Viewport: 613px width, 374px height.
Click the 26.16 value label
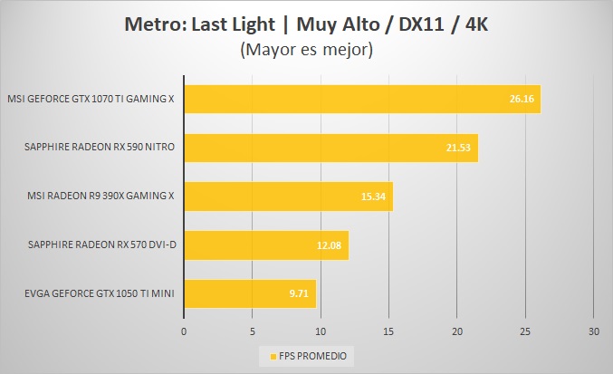pos(521,99)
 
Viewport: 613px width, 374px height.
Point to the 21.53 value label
pos(459,148)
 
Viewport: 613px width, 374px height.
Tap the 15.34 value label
pos(374,197)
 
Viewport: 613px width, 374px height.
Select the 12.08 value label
pos(330,245)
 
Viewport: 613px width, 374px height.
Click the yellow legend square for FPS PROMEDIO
pos(262,354)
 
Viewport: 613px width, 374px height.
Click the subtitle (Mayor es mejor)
pos(306,51)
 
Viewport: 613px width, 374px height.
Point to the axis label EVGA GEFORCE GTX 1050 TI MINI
pos(90,294)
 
